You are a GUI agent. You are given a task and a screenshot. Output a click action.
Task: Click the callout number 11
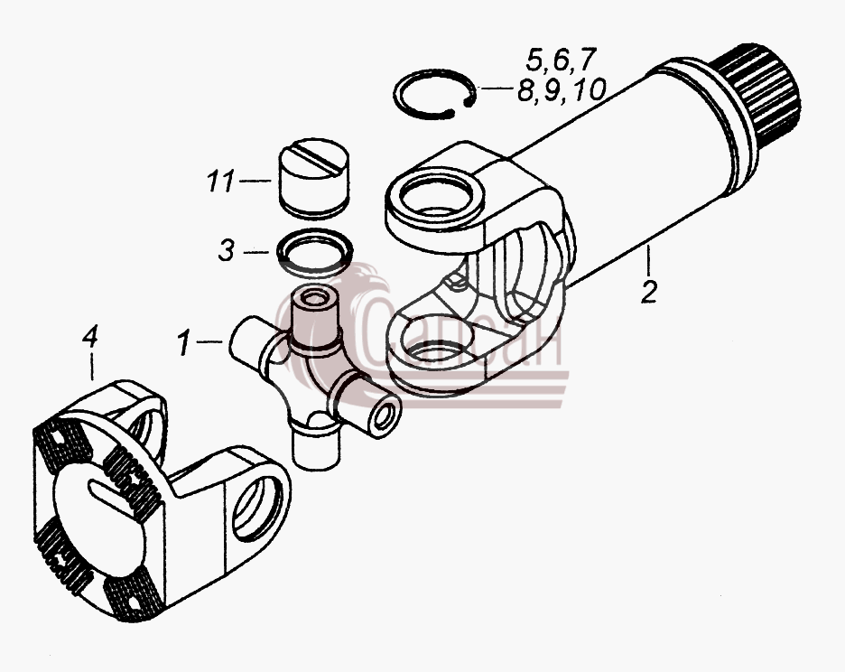coord(221,181)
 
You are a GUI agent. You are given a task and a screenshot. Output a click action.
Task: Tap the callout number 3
coord(227,251)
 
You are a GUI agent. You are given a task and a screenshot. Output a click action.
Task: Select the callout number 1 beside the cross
coord(184,343)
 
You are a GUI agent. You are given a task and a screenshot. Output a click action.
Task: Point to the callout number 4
coord(90,337)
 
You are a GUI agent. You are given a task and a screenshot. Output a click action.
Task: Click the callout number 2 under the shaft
coord(649,291)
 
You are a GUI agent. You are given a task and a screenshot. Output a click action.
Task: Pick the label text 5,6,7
coord(561,60)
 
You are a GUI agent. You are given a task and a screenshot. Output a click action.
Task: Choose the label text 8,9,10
coord(562,90)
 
